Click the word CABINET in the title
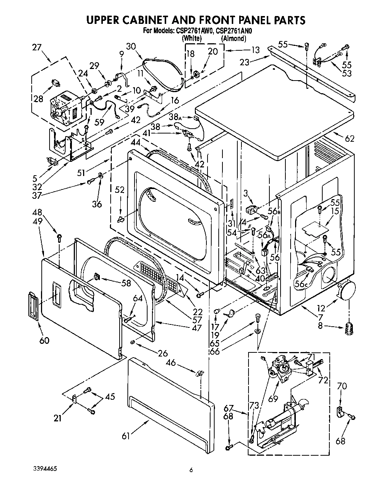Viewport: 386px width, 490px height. (x=162, y=20)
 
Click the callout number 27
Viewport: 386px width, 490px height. (x=37, y=47)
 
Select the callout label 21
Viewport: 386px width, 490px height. (x=57, y=418)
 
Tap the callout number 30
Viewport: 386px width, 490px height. (x=131, y=46)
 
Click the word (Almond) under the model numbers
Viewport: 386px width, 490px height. (x=234, y=38)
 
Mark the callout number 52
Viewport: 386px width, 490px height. (x=119, y=190)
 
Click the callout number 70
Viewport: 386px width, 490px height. (x=342, y=386)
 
